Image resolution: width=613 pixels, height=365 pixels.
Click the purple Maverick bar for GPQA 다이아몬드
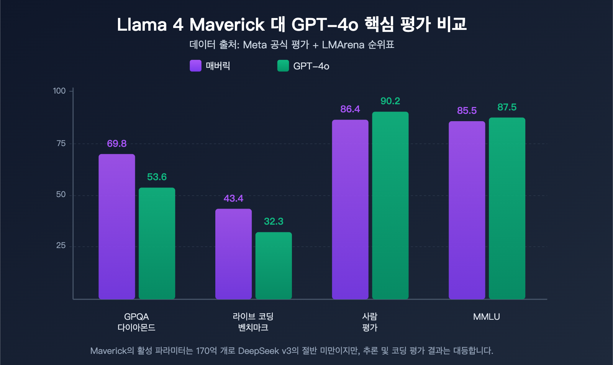click(x=117, y=226)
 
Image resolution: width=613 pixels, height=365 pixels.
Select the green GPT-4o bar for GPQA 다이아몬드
click(x=157, y=243)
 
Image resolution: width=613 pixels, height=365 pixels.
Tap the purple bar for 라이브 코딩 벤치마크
click(x=233, y=254)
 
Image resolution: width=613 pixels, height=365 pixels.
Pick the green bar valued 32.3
click(x=274, y=265)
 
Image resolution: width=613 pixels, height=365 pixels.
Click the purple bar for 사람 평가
click(x=350, y=209)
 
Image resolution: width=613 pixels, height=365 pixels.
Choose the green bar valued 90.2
click(x=390, y=206)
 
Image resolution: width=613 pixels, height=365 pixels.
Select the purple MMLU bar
click(x=467, y=210)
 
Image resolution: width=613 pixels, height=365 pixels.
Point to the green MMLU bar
click(x=507, y=208)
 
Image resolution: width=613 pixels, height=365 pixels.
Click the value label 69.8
click(x=116, y=144)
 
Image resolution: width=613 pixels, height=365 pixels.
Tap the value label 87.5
click(x=507, y=107)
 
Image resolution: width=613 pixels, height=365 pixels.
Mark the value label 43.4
click(x=233, y=199)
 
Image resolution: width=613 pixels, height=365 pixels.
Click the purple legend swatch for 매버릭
click(x=195, y=66)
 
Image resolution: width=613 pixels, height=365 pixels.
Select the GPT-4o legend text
click(x=311, y=66)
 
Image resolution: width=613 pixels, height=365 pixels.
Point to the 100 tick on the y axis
click(x=59, y=91)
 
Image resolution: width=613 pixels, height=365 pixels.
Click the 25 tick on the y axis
click(x=61, y=246)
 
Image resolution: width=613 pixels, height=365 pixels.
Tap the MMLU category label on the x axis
click(x=486, y=317)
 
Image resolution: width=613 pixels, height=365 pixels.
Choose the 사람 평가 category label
click(x=370, y=322)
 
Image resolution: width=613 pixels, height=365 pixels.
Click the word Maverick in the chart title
click(x=227, y=25)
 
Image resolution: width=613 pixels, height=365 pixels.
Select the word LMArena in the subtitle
click(x=343, y=45)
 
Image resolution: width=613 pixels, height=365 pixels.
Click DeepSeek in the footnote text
click(x=258, y=351)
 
